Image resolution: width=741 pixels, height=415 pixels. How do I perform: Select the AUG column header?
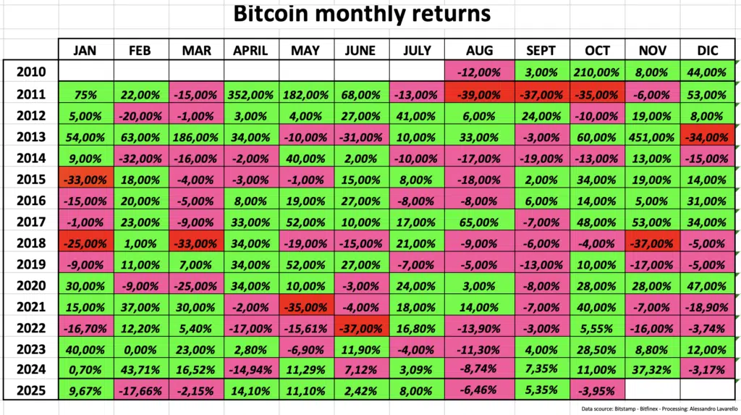coord(479,50)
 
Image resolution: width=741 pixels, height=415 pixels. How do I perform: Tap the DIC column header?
coord(707,50)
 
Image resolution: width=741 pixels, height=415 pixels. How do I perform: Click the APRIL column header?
coord(250,50)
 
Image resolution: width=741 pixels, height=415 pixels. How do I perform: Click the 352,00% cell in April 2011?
coord(250,94)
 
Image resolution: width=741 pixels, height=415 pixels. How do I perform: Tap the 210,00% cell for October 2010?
coord(597,72)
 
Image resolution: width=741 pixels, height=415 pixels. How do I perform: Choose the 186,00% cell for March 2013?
coord(196,138)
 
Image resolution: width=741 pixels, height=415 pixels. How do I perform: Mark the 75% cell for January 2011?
coord(86,94)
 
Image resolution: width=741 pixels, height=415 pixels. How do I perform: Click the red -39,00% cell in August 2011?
coord(479,94)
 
